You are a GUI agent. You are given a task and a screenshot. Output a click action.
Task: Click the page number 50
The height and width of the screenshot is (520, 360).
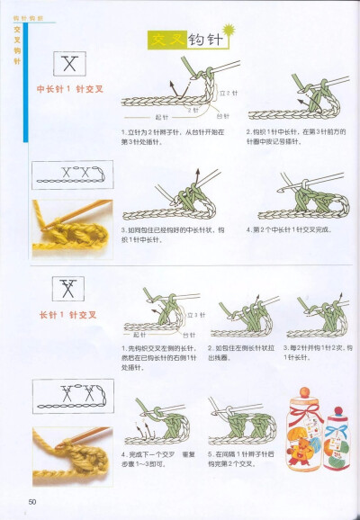[32, 500]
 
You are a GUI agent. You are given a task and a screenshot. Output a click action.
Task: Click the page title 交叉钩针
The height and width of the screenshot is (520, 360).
[184, 40]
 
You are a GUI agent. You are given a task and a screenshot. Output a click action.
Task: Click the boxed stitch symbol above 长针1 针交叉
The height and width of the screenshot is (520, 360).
[67, 289]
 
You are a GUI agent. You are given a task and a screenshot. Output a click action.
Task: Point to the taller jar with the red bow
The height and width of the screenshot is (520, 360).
[306, 433]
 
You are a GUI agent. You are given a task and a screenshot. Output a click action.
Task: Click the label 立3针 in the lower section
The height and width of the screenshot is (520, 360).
[201, 315]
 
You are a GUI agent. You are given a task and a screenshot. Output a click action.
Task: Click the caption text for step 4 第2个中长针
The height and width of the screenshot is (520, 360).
[288, 229]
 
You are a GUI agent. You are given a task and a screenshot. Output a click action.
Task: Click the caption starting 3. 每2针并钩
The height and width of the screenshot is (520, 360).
[318, 352]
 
